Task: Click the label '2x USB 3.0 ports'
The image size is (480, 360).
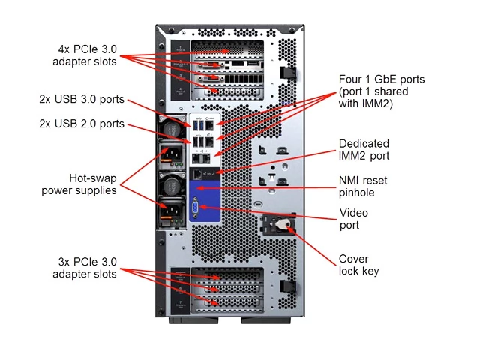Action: (x=82, y=99)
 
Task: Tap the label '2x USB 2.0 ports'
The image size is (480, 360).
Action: (x=82, y=124)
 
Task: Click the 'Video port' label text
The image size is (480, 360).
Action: (x=354, y=219)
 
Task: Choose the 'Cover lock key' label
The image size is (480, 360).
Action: (x=359, y=265)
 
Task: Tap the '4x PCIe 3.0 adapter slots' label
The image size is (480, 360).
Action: (x=84, y=55)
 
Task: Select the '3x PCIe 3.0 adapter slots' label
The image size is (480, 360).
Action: (x=84, y=268)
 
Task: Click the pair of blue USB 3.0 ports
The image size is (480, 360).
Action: (x=199, y=124)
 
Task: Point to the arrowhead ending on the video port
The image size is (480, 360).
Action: (x=201, y=208)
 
